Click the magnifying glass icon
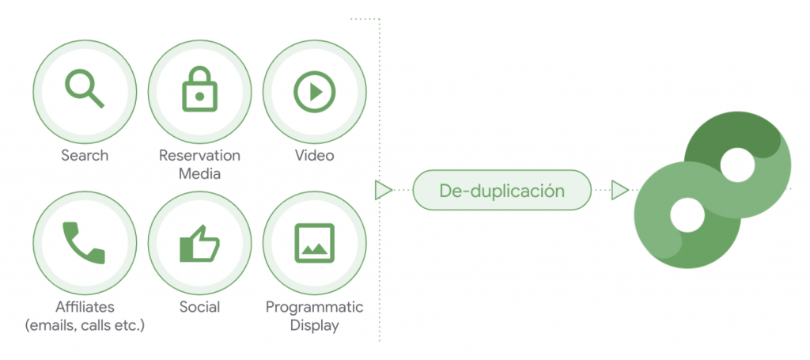tap(84, 88)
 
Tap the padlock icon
tap(199, 88)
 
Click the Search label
tap(85, 155)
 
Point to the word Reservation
tap(199, 155)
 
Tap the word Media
tap(199, 173)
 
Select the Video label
tap(314, 155)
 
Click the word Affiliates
tap(85, 307)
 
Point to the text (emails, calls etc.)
tap(85, 325)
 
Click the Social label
tap(199, 307)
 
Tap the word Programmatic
tap(314, 307)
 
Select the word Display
tap(314, 325)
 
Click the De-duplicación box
tap(502, 191)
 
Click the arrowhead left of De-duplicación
tap(384, 190)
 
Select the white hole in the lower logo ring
tap(687, 214)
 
